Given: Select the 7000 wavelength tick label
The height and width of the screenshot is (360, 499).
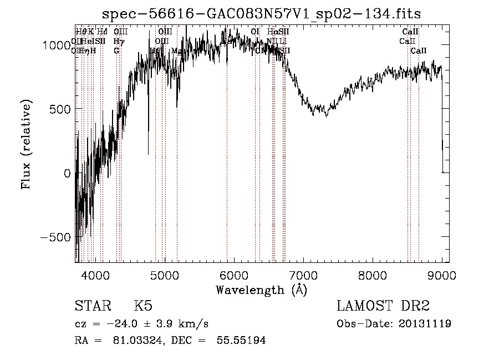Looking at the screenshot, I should point(303,275).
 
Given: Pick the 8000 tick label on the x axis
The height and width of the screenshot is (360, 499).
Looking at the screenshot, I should point(373,275).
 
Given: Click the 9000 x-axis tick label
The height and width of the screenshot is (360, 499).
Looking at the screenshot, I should point(442,275).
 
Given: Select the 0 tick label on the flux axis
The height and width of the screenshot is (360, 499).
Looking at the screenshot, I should point(67,173).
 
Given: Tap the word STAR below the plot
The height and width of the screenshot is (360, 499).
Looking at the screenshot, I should point(93,307).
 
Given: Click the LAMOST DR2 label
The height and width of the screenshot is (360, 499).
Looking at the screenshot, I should point(383,307).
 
